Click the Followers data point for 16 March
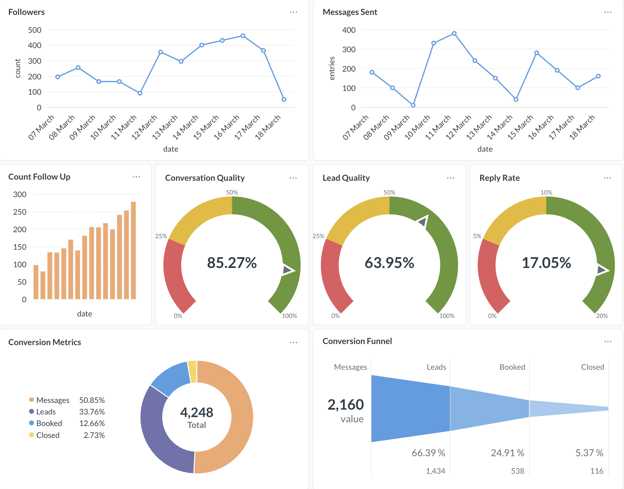[243, 36]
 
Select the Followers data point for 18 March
[284, 100]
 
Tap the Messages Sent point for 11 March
[454, 34]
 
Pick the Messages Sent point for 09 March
[413, 105]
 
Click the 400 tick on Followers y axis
[35, 45]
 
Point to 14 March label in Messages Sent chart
[500, 127]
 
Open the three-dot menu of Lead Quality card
[450, 178]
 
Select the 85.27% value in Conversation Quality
[232, 263]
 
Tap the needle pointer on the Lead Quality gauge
[423, 222]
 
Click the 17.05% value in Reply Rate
[546, 263]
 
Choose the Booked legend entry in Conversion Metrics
[49, 423]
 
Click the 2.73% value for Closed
[94, 435]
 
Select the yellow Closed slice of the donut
[192, 371]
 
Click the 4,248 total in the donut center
[196, 412]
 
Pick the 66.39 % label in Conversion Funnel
[428, 453]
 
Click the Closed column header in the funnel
[592, 367]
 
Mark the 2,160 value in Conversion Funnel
[346, 405]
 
